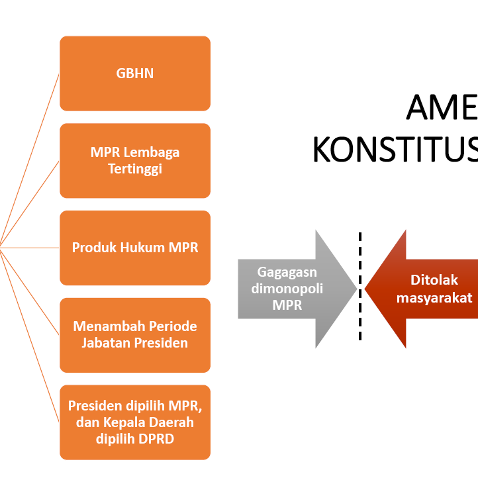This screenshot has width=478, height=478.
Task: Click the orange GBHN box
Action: (135, 73)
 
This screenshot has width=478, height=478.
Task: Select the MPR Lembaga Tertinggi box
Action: (135, 160)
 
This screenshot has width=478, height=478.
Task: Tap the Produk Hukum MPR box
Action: (135, 248)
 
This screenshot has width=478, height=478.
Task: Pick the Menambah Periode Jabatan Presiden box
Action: (135, 335)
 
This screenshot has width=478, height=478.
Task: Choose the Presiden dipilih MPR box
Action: (135, 422)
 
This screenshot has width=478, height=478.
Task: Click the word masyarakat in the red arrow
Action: (434, 298)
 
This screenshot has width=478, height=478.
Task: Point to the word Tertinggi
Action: (135, 169)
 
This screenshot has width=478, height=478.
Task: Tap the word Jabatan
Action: (105, 343)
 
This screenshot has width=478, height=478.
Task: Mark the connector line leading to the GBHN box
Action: (30, 160)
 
